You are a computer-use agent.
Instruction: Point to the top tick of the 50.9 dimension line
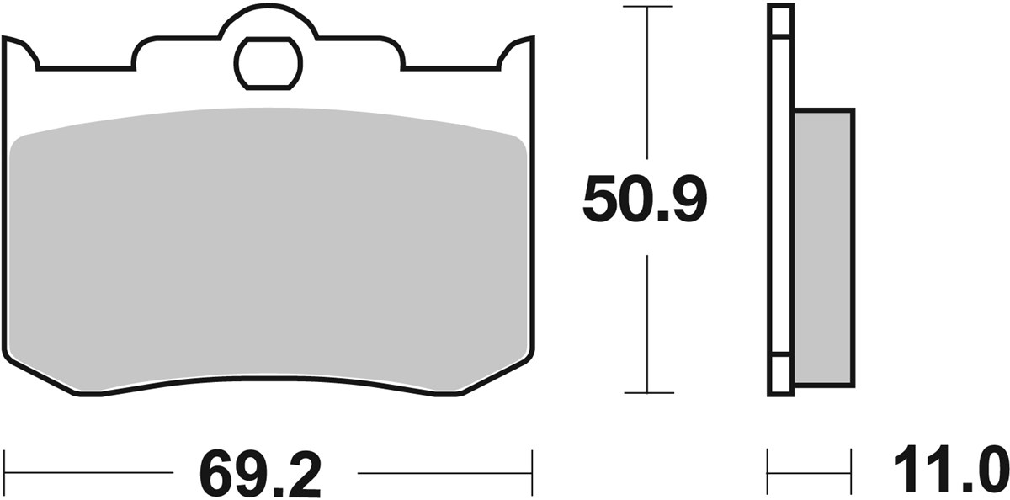646,8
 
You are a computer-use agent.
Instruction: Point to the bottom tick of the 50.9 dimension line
646,392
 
